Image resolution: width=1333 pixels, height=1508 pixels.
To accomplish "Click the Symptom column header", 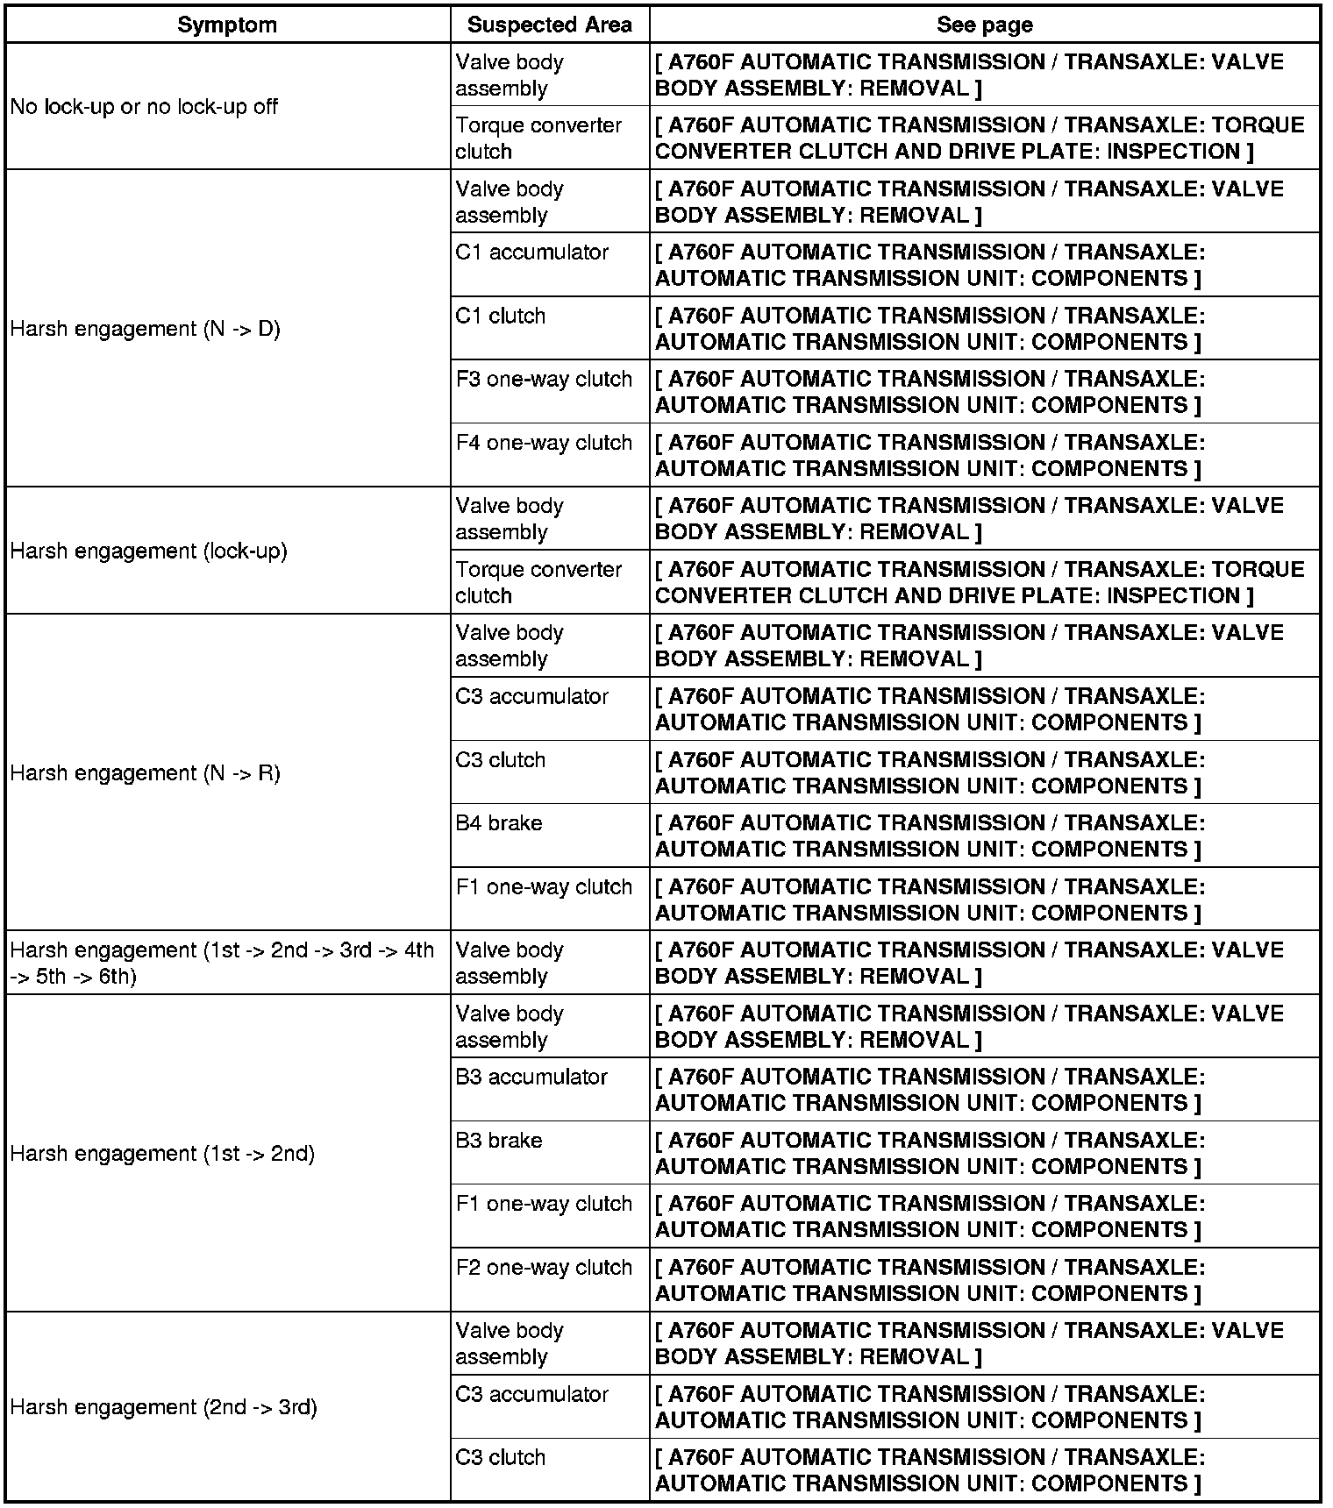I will coord(227,25).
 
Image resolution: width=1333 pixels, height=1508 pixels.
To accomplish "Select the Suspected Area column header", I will coord(549,25).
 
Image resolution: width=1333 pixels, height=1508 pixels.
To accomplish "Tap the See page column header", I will coord(984,25).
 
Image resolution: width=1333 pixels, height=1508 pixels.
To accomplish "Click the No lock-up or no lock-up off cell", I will coord(144,107).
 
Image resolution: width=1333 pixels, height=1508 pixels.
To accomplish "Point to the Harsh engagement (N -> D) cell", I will coord(145,329).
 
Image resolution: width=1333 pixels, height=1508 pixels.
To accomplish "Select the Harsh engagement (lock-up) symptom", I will coord(148,551).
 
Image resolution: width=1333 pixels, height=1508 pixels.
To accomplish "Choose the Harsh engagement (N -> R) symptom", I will coord(145,772).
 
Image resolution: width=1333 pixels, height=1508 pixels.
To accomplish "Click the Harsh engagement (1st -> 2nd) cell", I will coord(162,1153).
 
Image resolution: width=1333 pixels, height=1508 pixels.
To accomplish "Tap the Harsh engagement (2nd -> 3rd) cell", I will coord(163,1407).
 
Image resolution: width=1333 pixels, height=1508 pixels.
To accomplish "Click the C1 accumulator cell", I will coord(531,253).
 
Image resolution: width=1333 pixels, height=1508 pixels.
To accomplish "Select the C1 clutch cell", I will coord(500,316).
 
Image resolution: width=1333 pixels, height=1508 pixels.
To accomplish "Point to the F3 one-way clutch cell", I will coord(544,379).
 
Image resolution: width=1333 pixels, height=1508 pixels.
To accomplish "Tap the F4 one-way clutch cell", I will coord(544,443).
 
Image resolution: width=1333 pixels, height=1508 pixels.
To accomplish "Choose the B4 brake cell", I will coord(498,823).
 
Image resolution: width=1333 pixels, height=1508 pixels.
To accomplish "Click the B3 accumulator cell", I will coord(531,1077).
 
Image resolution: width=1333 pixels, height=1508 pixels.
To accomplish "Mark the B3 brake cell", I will coord(498,1141).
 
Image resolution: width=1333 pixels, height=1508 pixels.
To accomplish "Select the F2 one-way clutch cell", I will coord(544,1267).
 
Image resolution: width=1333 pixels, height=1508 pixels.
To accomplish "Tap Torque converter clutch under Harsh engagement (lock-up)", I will coord(538,582).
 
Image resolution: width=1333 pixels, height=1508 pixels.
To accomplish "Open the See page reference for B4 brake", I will coord(930,836).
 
